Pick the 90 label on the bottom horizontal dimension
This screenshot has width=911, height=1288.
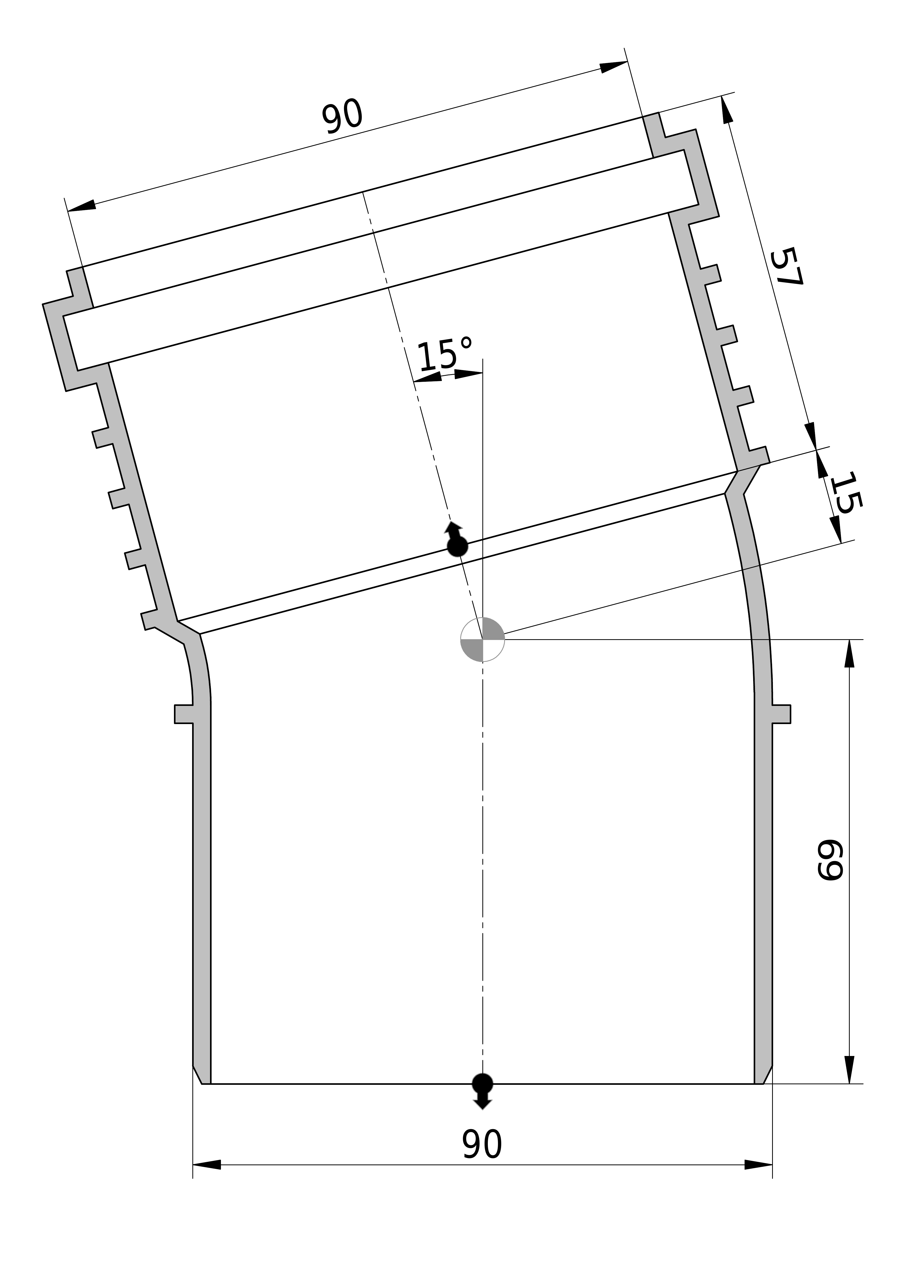point(482,1144)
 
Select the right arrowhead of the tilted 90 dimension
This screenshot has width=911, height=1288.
point(613,67)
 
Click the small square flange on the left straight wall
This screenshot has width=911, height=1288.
point(184,714)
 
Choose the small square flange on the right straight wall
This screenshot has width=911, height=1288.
point(781,714)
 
